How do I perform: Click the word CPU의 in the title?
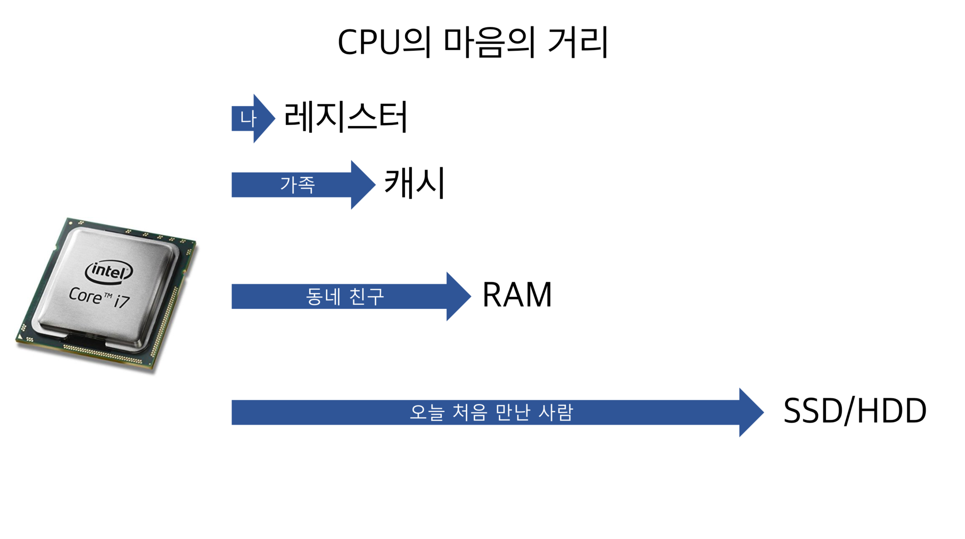(x=384, y=42)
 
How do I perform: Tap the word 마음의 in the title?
(x=489, y=42)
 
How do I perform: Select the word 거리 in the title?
(x=577, y=42)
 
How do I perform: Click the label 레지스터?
(x=345, y=117)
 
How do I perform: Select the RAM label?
(x=517, y=295)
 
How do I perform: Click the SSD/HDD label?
(x=855, y=411)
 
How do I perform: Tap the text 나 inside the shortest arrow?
(x=248, y=119)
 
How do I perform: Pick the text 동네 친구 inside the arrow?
(x=345, y=297)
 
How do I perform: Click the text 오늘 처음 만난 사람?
(x=491, y=412)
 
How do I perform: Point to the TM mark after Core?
(x=108, y=296)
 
